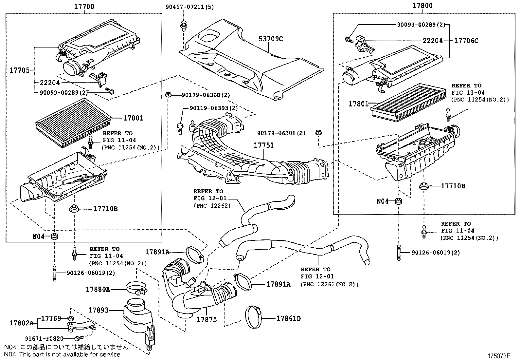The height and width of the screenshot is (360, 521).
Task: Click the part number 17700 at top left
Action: pos(84,7)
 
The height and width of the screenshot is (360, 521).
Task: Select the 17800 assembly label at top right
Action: pos(422,6)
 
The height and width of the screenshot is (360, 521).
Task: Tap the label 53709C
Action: pos(271,39)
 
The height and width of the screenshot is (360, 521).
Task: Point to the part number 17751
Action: pos(263,145)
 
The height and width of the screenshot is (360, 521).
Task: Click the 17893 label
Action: pos(99,310)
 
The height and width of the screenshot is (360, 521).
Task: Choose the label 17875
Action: pos(207,319)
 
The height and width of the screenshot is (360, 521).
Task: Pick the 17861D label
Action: pos(288,318)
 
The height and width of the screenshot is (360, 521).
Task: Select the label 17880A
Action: pos(98,290)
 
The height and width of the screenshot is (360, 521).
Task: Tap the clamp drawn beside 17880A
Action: pos(137,288)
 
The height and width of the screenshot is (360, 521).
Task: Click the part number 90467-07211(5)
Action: pos(189,7)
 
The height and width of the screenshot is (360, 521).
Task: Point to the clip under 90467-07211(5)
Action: pos(184,25)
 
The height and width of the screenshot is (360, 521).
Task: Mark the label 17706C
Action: pos(466,41)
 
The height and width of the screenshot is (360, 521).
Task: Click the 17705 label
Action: pos(20,70)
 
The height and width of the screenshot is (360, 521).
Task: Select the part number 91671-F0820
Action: pos(44,339)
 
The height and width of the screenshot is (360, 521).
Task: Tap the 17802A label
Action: pos(21,323)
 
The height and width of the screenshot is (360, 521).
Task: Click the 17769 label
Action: pos(51,318)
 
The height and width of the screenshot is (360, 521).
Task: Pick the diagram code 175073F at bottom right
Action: pos(499,356)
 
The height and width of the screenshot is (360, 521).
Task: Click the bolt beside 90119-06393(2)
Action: pos(180,129)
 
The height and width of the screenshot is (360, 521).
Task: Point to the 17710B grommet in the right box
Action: pos(424,186)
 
